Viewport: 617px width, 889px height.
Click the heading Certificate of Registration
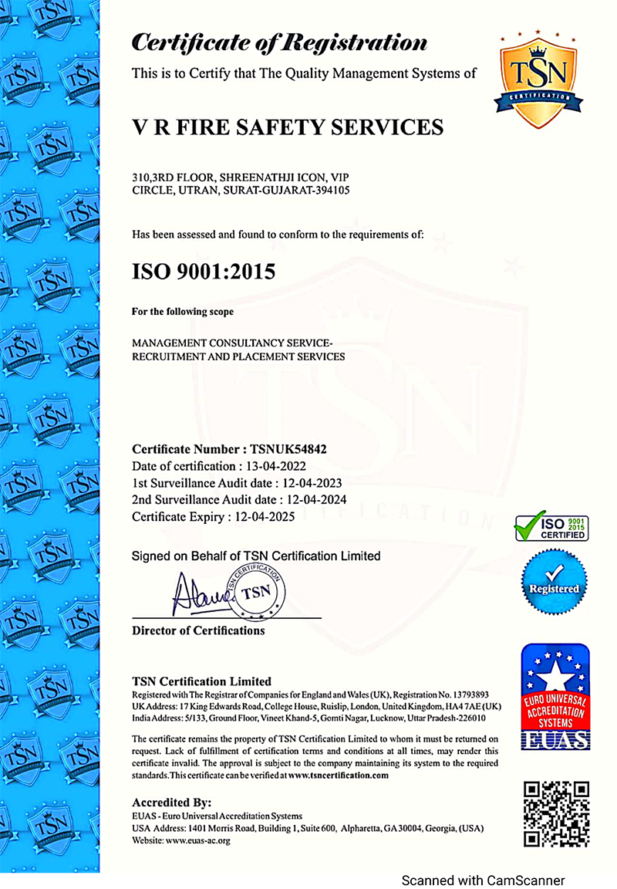click(x=279, y=42)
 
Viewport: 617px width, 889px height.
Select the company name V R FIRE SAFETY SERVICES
click(x=288, y=127)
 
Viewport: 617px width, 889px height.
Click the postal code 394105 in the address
click(x=333, y=191)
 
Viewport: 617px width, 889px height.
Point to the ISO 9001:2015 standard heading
click(x=204, y=271)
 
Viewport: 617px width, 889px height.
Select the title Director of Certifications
click(x=198, y=630)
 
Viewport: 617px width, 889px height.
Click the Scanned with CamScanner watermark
click(x=483, y=880)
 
